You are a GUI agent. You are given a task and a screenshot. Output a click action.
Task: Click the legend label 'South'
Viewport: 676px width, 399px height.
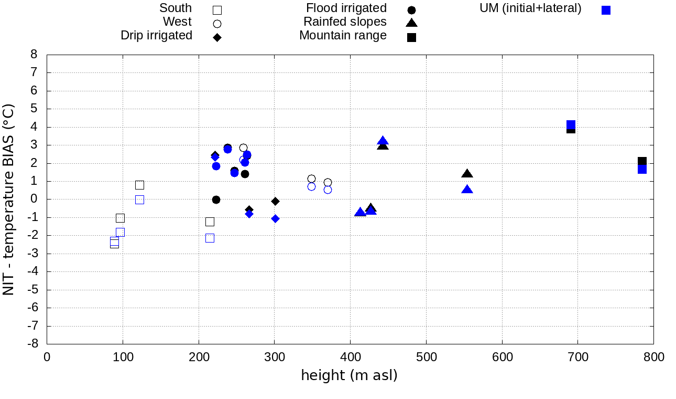point(176,8)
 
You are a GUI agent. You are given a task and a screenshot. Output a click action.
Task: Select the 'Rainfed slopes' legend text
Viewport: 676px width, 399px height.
point(345,22)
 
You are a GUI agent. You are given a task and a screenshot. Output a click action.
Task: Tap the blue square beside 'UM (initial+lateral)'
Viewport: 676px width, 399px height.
point(606,10)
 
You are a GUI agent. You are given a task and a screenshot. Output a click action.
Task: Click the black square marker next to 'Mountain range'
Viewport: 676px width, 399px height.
point(411,37)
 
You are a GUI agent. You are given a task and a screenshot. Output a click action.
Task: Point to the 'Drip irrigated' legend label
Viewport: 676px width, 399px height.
point(156,35)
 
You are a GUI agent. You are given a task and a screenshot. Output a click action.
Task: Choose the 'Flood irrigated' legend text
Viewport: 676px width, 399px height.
point(346,8)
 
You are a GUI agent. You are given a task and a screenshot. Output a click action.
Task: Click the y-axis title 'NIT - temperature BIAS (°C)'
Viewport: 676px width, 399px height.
point(9,199)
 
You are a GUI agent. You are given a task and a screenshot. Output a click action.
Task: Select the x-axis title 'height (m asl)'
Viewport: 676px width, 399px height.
point(349,375)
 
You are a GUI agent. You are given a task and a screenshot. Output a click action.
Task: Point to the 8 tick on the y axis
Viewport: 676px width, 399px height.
point(34,55)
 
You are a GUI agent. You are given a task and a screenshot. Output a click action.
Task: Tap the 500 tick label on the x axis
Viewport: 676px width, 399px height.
point(426,358)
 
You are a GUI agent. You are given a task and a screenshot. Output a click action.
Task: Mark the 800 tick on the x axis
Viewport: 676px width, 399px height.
point(653,358)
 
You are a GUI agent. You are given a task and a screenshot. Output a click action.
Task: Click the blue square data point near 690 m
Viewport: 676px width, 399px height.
point(571,124)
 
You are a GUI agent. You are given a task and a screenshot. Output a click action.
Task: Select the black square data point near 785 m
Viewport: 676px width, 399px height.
point(642,161)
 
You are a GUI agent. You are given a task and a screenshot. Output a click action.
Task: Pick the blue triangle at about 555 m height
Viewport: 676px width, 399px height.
point(467,190)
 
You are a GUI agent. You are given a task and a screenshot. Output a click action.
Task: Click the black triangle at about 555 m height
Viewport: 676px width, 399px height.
point(467,174)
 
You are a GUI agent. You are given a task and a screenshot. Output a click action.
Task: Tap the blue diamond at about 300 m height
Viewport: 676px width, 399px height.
point(275,218)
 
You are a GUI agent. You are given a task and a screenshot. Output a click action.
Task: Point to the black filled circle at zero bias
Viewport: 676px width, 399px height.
point(216,199)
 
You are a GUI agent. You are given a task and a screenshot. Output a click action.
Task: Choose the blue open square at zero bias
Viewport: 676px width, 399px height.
point(139,199)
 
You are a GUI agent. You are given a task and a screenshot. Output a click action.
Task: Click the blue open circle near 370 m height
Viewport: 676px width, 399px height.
point(328,190)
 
